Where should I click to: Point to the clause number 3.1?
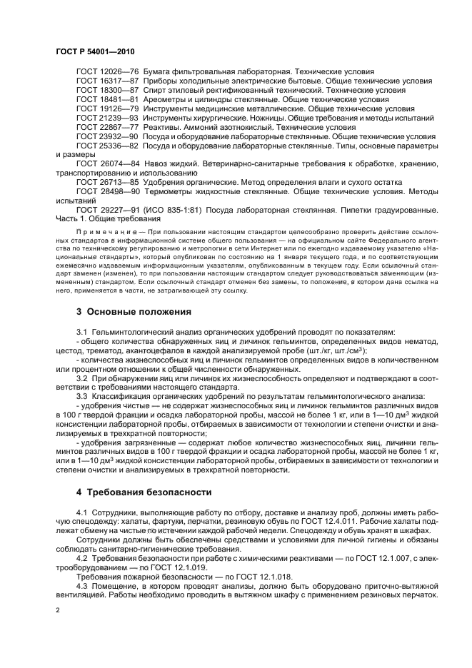[x=81, y=332]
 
